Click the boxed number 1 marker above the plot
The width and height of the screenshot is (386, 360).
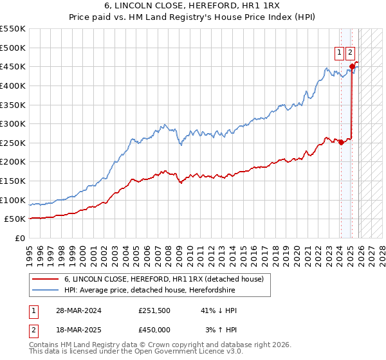pos(338,53)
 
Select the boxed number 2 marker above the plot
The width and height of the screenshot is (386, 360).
pos(350,53)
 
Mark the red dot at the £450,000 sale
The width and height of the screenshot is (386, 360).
pos(352,66)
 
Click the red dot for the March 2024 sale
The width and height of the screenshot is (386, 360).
pos(341,143)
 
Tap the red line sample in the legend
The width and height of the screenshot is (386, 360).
pos(46,279)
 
